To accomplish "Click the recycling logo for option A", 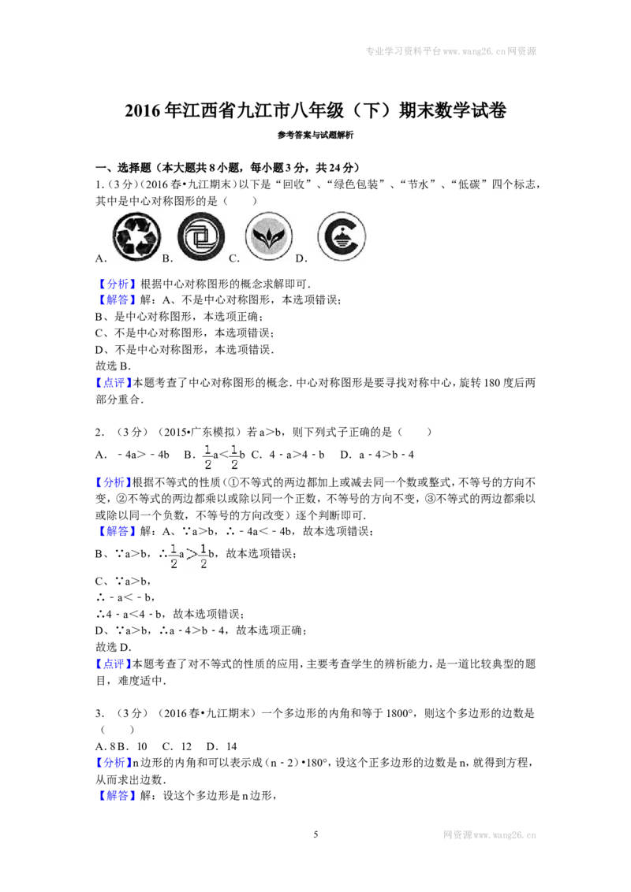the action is click(136, 236).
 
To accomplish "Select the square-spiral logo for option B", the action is click(201, 236).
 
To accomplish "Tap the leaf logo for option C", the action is click(269, 236).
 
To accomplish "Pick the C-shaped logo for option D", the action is click(341, 236).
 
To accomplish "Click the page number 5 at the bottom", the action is click(315, 834).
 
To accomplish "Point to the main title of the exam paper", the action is click(315, 110).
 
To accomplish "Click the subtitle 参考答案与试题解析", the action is click(315, 136).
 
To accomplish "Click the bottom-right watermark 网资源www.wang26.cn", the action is click(490, 835).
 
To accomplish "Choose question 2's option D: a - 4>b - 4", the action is click(377, 455).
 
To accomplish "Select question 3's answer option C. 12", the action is click(177, 746).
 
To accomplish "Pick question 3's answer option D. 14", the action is click(222, 746).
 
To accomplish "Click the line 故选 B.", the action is click(113, 366).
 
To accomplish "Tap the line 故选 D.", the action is click(114, 647).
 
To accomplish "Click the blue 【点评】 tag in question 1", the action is click(114, 383).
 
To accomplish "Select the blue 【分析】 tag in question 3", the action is click(114, 763).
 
